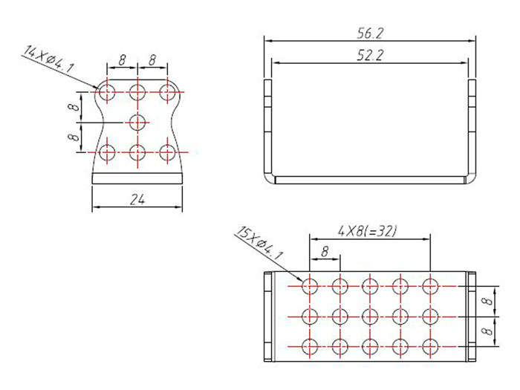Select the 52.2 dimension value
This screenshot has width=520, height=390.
click(369, 54)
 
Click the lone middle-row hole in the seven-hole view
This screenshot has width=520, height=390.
click(137, 122)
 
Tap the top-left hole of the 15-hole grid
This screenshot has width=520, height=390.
click(310, 285)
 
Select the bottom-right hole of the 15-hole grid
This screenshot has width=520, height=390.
click(430, 346)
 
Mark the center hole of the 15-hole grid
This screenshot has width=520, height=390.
click(370, 316)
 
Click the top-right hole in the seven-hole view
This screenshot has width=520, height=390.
click(167, 92)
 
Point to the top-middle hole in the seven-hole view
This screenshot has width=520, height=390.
click(137, 92)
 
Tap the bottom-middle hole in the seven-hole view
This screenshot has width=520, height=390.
click(137, 152)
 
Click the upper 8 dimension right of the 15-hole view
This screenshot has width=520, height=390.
click(486, 301)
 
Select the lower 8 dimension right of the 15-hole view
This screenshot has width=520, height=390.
click(486, 331)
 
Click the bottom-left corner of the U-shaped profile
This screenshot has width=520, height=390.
click(268, 178)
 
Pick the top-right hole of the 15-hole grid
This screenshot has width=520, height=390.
click(430, 285)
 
